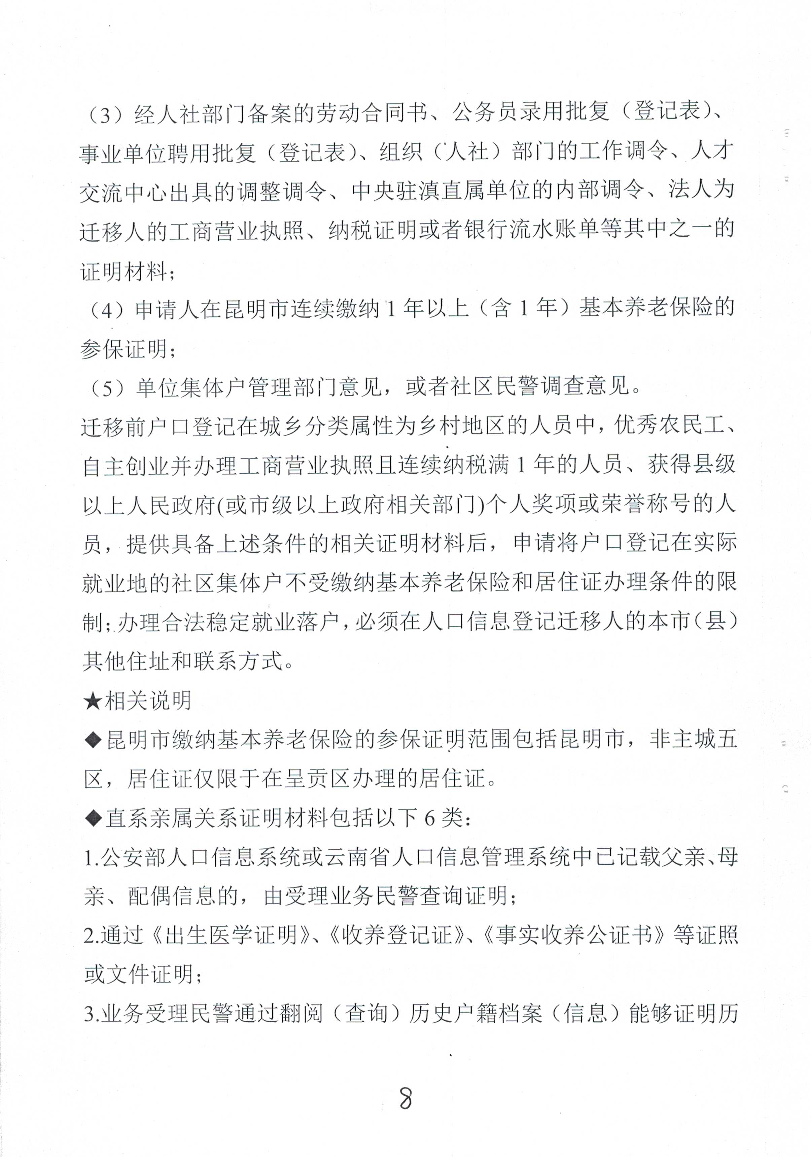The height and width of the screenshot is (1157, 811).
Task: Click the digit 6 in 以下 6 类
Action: click(429, 818)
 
